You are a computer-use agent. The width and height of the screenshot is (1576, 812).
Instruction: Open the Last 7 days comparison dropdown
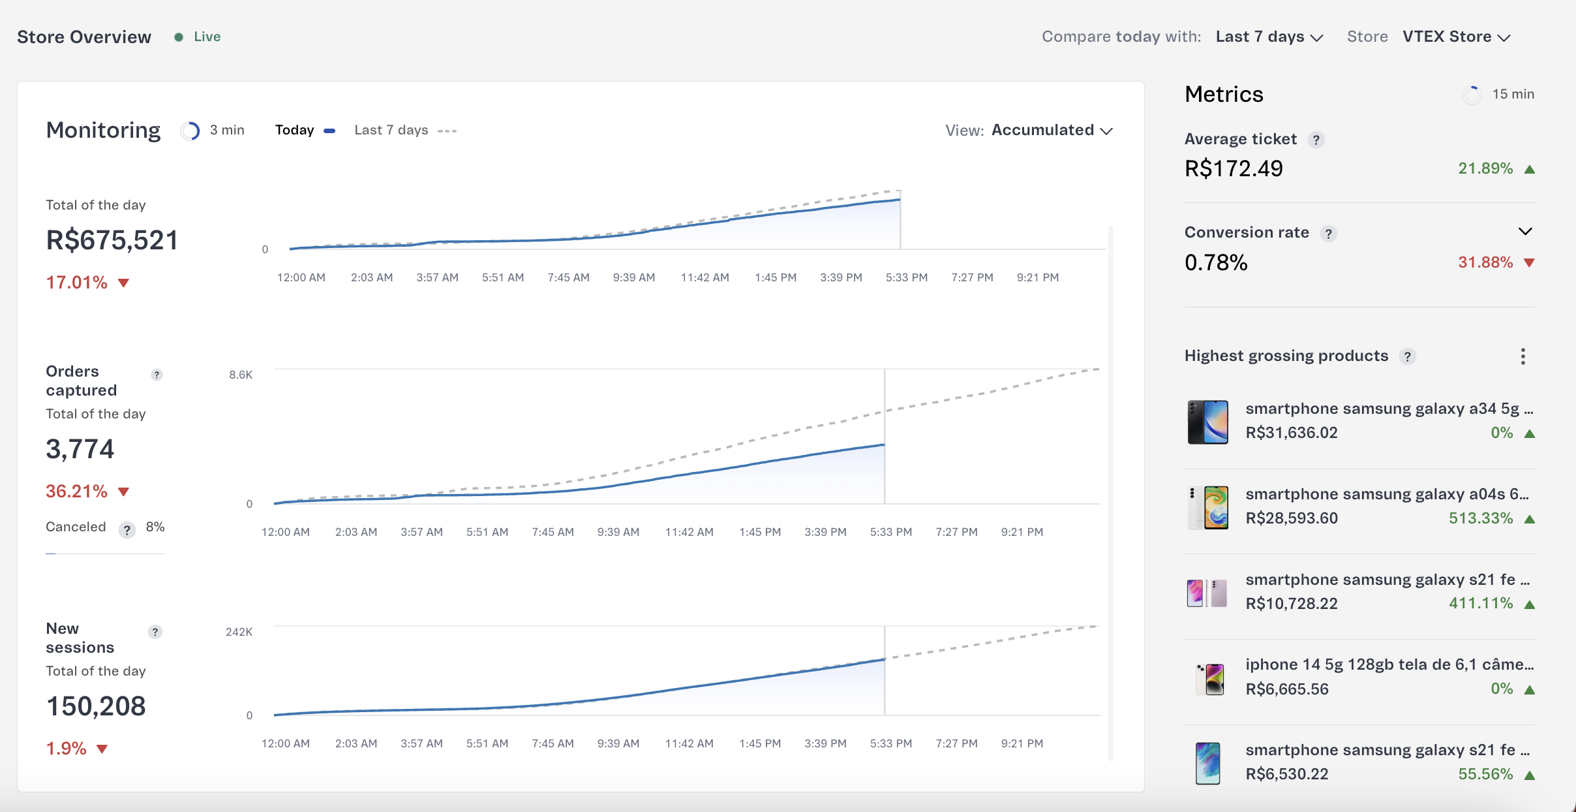click(x=1269, y=37)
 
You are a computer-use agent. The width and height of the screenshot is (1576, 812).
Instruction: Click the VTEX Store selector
click(x=1456, y=37)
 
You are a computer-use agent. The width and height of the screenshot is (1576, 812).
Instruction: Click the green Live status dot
click(x=178, y=37)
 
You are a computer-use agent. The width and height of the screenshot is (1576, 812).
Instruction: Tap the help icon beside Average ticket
click(x=1316, y=140)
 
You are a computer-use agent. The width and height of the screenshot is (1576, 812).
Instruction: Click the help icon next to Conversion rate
click(x=1328, y=234)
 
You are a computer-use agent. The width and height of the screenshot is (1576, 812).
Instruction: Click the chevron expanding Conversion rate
click(x=1524, y=232)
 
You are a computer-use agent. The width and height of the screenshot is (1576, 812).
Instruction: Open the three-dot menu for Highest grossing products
click(x=1523, y=356)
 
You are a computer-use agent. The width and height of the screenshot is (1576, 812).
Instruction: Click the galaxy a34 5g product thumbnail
click(x=1207, y=422)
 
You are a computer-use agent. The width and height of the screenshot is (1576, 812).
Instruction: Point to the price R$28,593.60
click(x=1291, y=518)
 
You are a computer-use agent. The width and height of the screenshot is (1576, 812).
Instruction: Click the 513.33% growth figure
click(x=1480, y=518)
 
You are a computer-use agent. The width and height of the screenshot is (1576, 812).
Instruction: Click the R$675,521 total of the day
click(x=112, y=240)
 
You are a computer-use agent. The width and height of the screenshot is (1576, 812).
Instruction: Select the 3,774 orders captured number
click(x=80, y=449)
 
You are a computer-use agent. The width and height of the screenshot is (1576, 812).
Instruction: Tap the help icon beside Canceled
click(x=127, y=529)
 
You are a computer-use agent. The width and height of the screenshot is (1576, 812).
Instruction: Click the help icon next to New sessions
click(x=155, y=632)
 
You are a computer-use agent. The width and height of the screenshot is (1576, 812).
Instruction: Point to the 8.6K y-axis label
click(x=240, y=375)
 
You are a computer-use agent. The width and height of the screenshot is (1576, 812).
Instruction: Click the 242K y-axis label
click(x=239, y=632)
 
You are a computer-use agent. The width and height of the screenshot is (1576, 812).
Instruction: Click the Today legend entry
click(x=295, y=131)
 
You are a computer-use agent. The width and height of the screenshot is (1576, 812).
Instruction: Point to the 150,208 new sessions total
click(x=97, y=706)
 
